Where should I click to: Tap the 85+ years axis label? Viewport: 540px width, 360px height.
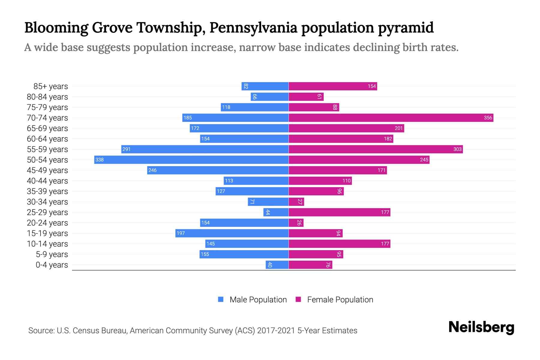click(x=50, y=86)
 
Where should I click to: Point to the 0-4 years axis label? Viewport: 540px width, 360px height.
click(x=52, y=265)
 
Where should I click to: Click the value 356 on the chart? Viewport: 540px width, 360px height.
click(x=488, y=118)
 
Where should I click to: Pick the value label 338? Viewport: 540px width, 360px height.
click(x=99, y=160)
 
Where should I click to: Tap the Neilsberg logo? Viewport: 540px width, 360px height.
click(x=481, y=327)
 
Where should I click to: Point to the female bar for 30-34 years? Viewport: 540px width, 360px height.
click(x=296, y=202)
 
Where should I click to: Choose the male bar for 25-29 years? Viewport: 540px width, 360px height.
click(x=276, y=212)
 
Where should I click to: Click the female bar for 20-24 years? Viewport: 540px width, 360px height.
click(x=296, y=223)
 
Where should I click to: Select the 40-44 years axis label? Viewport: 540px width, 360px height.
click(x=47, y=181)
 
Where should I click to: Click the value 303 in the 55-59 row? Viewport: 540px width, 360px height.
click(x=457, y=149)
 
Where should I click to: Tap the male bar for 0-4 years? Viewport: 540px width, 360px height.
click(x=277, y=265)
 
